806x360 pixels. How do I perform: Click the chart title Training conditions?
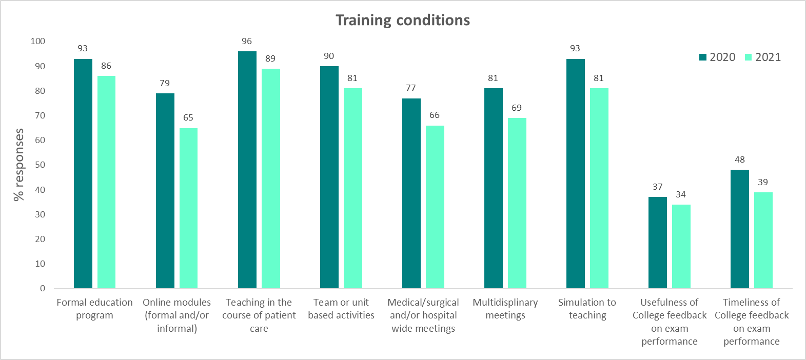(x=403, y=20)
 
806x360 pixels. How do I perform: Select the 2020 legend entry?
(x=717, y=57)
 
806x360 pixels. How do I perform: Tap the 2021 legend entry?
(x=763, y=57)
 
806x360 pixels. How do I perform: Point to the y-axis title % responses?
(x=19, y=165)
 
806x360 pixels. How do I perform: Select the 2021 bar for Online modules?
(x=188, y=208)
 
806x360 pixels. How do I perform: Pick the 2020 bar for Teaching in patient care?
(x=247, y=170)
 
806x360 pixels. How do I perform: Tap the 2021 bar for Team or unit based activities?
(x=353, y=188)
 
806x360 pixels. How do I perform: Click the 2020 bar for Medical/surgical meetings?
(x=411, y=193)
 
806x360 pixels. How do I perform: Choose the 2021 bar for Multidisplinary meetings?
(x=517, y=203)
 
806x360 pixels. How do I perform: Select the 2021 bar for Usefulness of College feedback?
(x=681, y=246)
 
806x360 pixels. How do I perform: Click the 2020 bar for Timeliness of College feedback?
(x=740, y=229)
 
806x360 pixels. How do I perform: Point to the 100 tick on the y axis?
(x=38, y=41)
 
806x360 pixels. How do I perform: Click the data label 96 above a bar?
(x=247, y=41)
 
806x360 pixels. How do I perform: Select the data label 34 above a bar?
(x=681, y=194)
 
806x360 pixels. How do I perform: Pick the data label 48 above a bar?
(x=740, y=159)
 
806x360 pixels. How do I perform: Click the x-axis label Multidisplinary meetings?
(x=505, y=309)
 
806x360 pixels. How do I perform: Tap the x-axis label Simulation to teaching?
(x=587, y=309)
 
